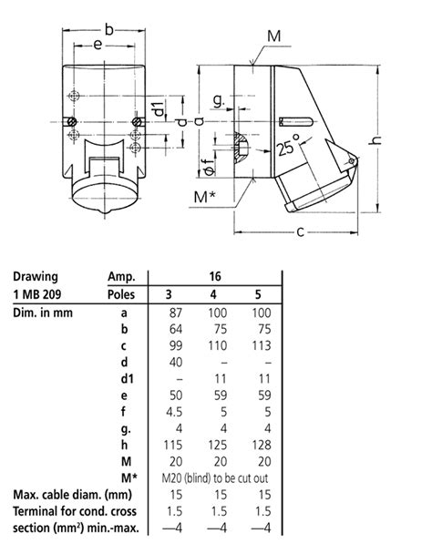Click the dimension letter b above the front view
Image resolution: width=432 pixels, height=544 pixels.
[108, 30]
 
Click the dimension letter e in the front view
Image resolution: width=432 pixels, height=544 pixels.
[97, 44]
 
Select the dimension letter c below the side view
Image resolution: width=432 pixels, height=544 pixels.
[299, 231]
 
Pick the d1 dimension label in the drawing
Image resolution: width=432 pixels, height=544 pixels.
[161, 110]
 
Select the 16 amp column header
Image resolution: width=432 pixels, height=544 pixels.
[214, 275]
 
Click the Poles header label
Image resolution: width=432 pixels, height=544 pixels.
[123, 293]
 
